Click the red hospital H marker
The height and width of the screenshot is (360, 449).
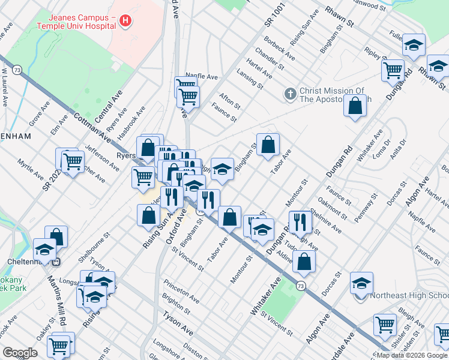(125, 21)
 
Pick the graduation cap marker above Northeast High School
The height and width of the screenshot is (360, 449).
(361, 282)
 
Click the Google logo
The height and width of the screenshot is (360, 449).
(20, 353)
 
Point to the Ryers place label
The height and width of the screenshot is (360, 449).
(124, 154)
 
